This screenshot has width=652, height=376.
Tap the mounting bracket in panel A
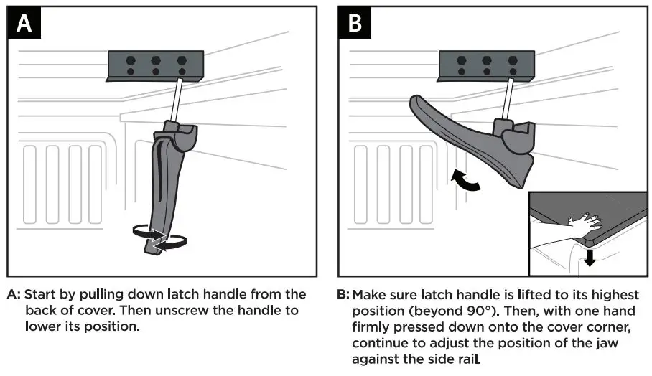point(155,65)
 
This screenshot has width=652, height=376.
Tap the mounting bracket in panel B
point(487,65)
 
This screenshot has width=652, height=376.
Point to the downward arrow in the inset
point(590,257)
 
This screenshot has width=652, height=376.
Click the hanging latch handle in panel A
point(165,187)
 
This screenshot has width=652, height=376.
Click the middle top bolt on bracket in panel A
point(155,60)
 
